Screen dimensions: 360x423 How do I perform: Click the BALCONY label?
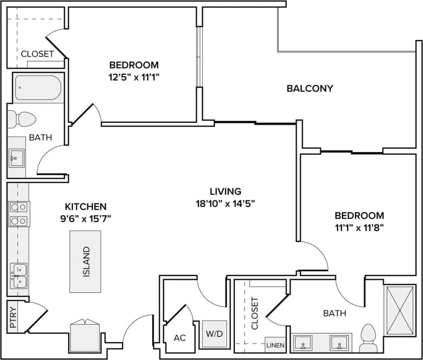pos(310,89)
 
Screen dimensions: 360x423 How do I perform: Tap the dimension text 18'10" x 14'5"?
pos(225,203)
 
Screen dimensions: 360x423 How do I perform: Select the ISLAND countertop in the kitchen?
pos(85,261)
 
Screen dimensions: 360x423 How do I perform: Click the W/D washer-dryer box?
pos(214,334)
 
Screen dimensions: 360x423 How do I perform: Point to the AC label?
pos(180,338)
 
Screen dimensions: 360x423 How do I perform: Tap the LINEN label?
pos(275,345)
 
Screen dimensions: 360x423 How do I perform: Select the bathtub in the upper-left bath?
pos(38,88)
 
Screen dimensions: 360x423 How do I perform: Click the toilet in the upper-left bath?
pos(23,120)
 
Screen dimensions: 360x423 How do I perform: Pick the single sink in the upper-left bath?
pos(16,159)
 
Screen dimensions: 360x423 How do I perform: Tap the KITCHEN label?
pos(86,206)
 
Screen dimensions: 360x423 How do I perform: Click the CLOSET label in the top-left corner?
pos(37,54)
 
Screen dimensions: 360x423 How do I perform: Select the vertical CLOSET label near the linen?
pos(255,314)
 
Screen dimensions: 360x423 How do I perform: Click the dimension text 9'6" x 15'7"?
pos(86,218)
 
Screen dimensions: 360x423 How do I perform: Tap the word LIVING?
pos(225,191)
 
